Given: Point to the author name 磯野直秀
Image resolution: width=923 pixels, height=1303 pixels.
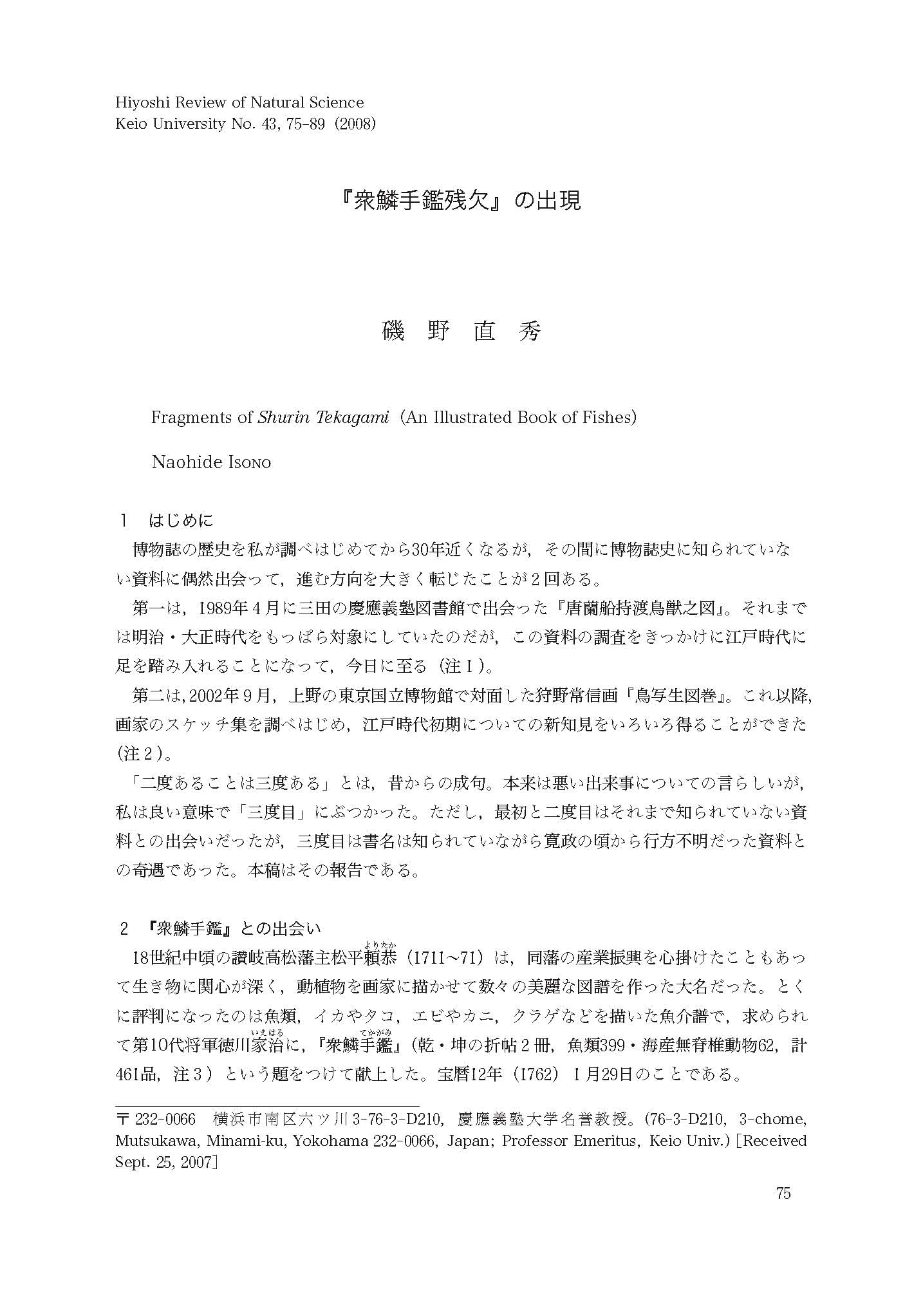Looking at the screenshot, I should [461, 332].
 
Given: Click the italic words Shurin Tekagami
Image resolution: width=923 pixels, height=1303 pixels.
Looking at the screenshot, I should [323, 417].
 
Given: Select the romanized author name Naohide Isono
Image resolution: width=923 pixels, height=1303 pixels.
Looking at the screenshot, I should [211, 462].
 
